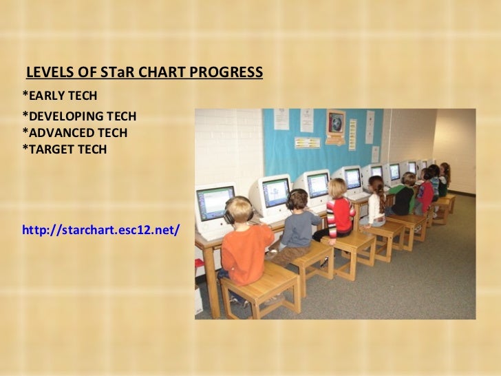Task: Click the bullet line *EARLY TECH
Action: tap(60, 94)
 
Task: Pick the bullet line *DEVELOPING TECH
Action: tap(79, 116)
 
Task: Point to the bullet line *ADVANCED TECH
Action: tap(74, 132)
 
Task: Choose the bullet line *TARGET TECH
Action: tap(65, 147)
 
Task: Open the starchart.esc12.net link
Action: tap(100, 228)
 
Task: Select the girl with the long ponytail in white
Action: tap(376, 201)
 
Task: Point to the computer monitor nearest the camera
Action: tap(215, 202)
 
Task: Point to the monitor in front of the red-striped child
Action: tap(317, 185)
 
